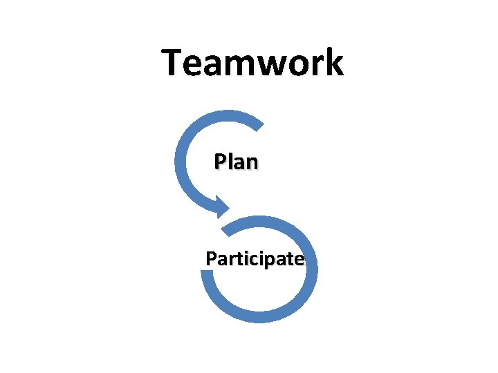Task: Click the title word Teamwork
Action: [252, 62]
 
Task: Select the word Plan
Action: [236, 162]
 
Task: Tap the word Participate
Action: [255, 260]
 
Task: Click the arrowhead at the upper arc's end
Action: [221, 205]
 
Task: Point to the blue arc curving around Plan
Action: [182, 155]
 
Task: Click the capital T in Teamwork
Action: [174, 62]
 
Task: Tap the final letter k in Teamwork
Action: [333, 62]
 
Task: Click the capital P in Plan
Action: [220, 162]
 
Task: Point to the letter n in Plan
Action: [251, 164]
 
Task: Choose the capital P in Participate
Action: [211, 259]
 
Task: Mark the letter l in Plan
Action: [229, 162]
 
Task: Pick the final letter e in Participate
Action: [298, 261]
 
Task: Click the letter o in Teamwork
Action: [296, 64]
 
